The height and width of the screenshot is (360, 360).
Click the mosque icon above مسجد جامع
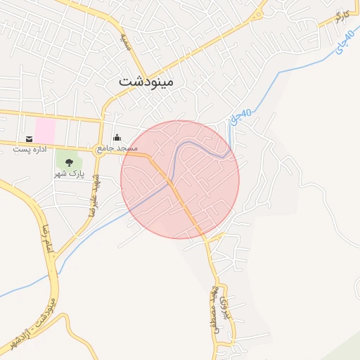116,138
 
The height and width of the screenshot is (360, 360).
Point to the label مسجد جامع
115,150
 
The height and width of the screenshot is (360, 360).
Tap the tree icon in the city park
68,162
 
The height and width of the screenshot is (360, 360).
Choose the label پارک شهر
68,173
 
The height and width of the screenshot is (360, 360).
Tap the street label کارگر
342,16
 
